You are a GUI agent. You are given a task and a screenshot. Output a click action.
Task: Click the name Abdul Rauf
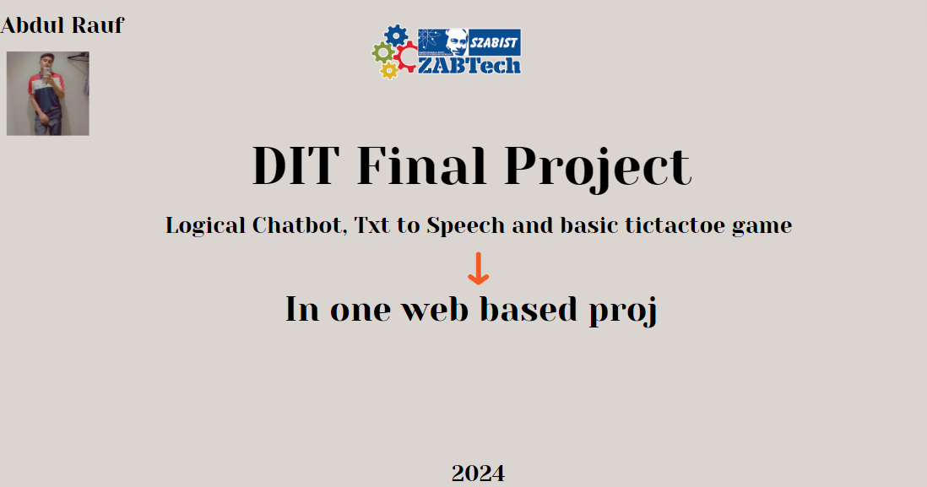coord(62,25)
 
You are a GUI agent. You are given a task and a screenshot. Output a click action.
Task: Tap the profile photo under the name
coord(47,93)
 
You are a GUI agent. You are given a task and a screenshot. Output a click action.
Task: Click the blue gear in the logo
coord(396,35)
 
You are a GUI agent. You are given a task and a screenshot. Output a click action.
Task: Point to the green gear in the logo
coord(382,53)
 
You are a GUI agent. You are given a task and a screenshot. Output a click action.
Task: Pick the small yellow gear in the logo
coord(389,71)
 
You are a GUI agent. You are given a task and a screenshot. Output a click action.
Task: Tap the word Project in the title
coord(598,168)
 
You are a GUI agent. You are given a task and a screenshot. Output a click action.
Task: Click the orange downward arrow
coord(478,268)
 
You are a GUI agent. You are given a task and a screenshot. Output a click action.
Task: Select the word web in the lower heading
coord(436,309)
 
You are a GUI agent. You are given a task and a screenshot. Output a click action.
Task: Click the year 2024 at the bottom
coord(478,473)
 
